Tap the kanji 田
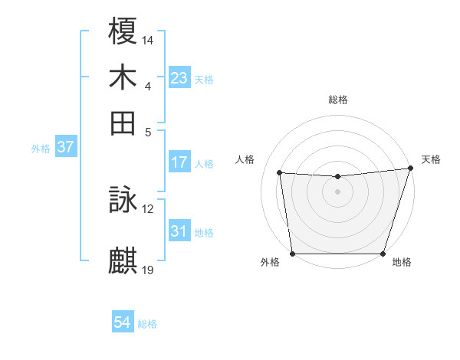coord(123,123)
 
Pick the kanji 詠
coord(123,201)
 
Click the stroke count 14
coord(148,38)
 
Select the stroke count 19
coord(148,270)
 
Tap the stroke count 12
coord(148,208)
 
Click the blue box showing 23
coord(179,77)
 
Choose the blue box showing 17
coord(179,162)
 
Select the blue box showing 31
coord(179,231)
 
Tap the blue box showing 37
coord(65,148)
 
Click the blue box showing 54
coord(123,323)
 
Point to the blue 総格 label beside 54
coord(147,324)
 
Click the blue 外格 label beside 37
coord(41,149)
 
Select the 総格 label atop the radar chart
coord(337,100)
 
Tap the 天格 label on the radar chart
coord(431,159)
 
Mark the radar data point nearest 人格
coord(280,173)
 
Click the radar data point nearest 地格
coord(383,254)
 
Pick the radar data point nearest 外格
coord(292,254)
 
